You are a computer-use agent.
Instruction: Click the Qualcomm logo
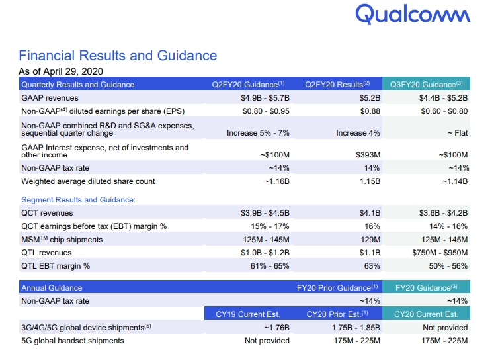[x=413, y=15]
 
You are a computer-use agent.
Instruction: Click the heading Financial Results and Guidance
[x=118, y=56]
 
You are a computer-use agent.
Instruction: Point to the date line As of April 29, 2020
[x=60, y=71]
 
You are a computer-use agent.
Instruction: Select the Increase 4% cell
[x=358, y=133]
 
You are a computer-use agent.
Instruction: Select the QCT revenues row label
[x=47, y=213]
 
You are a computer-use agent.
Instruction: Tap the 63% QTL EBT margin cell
[x=371, y=266]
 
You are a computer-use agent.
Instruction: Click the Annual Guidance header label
[x=52, y=288]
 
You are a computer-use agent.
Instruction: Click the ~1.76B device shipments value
[x=274, y=328]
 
